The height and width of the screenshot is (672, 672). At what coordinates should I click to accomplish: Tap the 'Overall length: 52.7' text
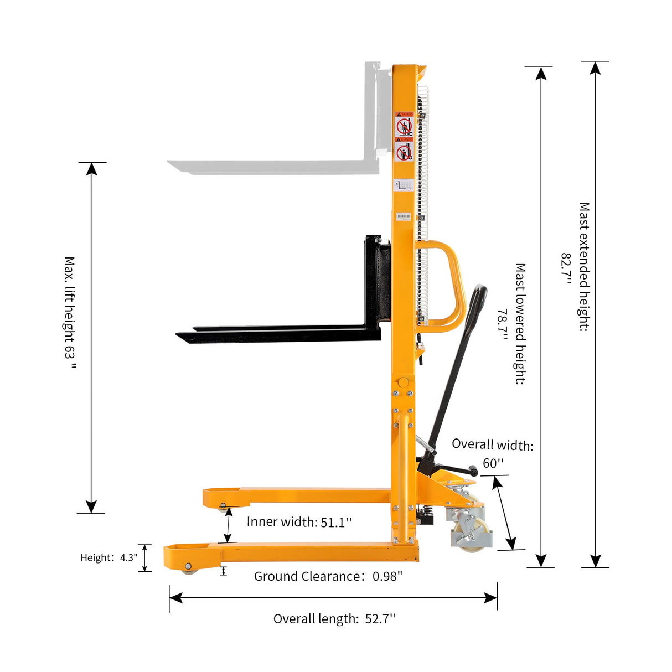tap(334, 619)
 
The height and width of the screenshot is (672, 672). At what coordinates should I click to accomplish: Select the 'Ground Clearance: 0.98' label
tap(328, 576)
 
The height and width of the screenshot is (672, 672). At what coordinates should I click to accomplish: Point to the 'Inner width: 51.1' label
tap(299, 522)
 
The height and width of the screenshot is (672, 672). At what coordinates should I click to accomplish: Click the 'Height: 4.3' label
tap(108, 557)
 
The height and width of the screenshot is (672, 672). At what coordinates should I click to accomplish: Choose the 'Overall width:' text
tap(492, 444)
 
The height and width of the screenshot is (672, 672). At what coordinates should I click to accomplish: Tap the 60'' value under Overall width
tap(493, 463)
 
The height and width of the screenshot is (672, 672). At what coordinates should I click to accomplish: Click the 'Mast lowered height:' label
tap(520, 324)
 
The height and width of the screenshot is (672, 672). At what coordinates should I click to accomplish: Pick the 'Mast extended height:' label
tap(584, 267)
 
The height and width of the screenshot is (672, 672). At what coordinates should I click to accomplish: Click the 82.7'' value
tap(566, 268)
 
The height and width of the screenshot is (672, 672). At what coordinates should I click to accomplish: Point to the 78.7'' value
tap(502, 324)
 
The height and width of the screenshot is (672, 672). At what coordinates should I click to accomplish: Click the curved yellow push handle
tap(451, 285)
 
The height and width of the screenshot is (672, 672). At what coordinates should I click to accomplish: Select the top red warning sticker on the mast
tap(404, 125)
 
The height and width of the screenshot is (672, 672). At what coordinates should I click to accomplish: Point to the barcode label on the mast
tap(404, 216)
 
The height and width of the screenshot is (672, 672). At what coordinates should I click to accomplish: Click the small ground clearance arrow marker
tap(224, 571)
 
